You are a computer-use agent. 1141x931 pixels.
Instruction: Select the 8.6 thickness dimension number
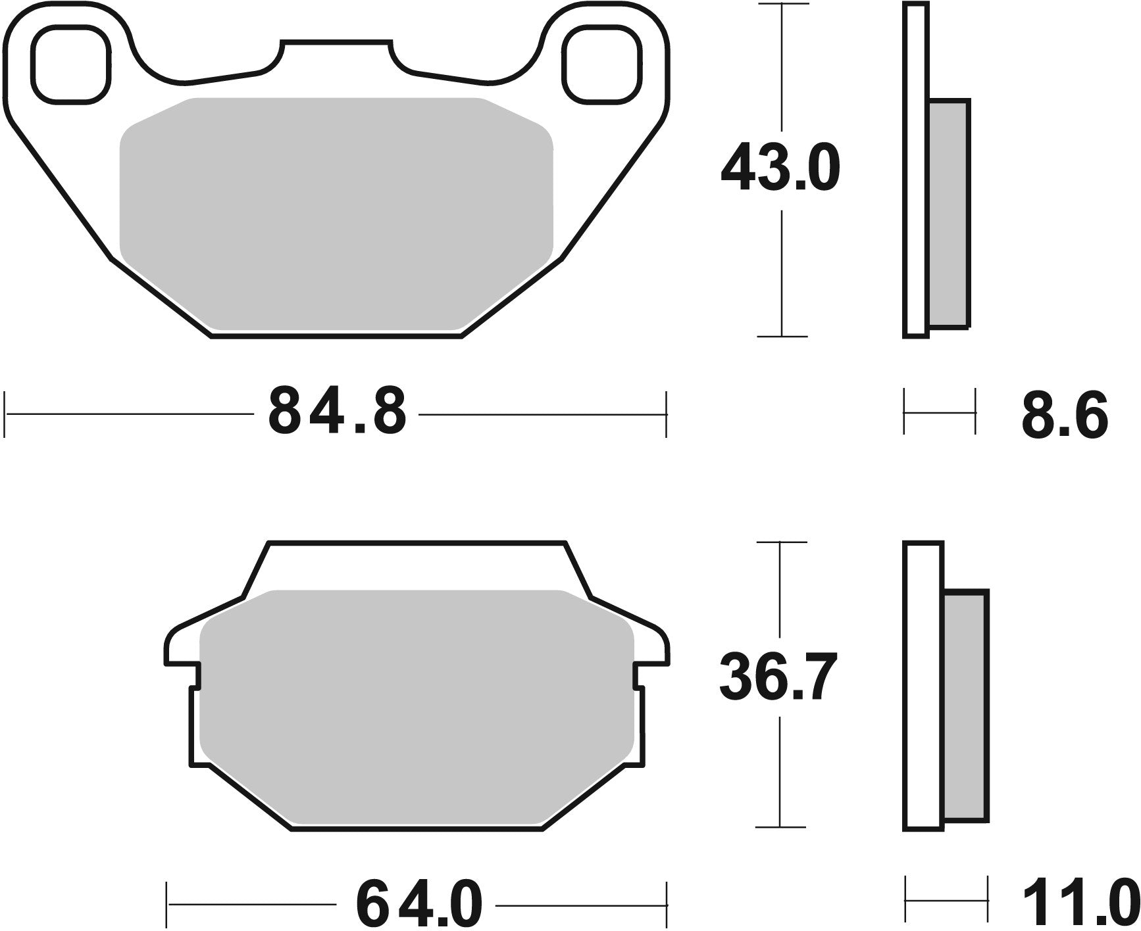click(1065, 415)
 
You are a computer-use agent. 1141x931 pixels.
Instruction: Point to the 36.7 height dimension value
click(778, 678)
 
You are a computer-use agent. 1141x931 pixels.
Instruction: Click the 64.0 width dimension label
click(419, 904)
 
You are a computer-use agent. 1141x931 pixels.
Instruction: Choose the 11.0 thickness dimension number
click(1080, 904)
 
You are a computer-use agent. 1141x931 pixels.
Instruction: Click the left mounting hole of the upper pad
click(70, 66)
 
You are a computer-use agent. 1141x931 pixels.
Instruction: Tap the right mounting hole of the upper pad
click(601, 66)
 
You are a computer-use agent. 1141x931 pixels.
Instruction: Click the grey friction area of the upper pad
click(336, 210)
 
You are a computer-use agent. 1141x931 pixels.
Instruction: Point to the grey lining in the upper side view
click(949, 214)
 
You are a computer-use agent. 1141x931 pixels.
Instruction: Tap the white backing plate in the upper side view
click(916, 171)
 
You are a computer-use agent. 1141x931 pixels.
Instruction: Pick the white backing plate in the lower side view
click(924, 684)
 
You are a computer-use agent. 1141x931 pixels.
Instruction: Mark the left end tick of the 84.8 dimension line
click(5, 414)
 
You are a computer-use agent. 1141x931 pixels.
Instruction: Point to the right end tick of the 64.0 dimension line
click(667, 904)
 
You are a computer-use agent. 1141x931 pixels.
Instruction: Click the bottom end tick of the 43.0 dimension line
click(782, 337)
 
